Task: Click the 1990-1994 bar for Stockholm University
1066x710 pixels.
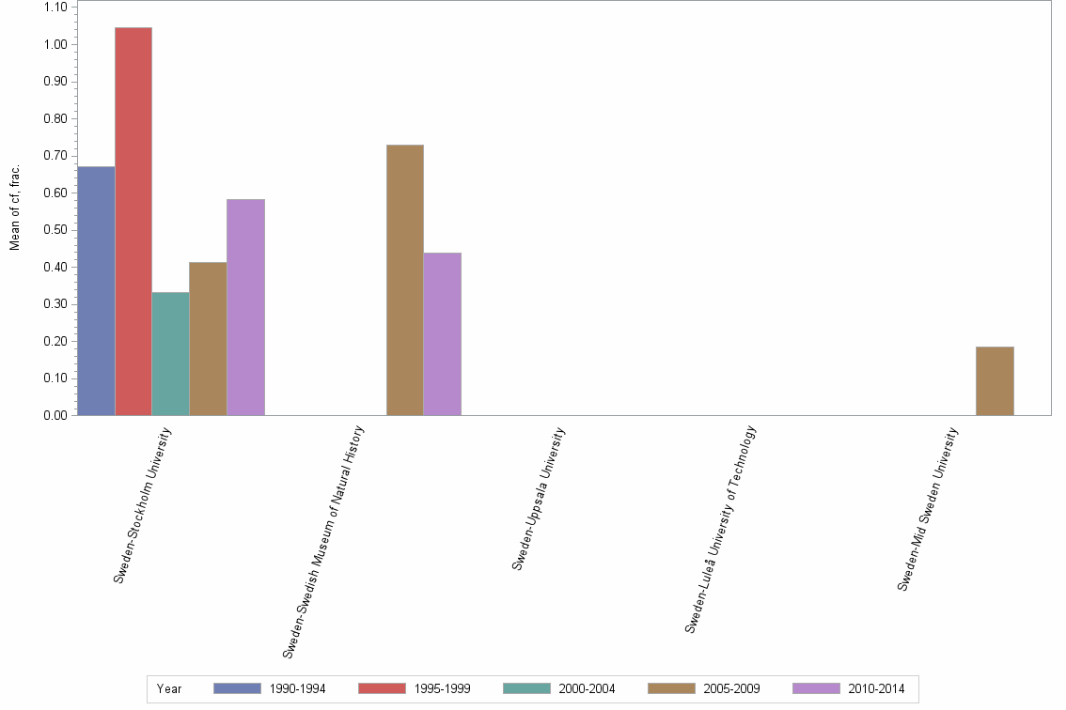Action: coord(96,291)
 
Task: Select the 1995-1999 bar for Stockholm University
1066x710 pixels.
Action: coord(133,222)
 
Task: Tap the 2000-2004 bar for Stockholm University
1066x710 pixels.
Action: coord(170,354)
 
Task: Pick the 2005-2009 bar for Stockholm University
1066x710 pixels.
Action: coord(208,339)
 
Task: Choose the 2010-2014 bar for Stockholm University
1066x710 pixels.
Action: coord(245,307)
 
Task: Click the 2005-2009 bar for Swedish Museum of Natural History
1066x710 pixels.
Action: coord(404,280)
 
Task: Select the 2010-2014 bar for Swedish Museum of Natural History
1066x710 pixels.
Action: coord(442,333)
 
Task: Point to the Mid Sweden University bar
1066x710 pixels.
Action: coord(995,380)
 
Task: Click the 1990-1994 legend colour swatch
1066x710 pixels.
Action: coord(237,688)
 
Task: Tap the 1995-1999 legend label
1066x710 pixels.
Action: coord(442,689)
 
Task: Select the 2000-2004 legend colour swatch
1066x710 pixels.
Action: coord(526,688)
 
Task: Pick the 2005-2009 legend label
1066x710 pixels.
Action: coord(731,689)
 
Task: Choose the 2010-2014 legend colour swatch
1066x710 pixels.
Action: coord(816,688)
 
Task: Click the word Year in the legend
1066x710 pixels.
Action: coord(169,689)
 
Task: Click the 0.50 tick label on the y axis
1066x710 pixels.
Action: coord(55,230)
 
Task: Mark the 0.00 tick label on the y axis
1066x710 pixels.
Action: coord(55,415)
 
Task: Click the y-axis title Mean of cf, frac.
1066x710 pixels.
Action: coord(15,208)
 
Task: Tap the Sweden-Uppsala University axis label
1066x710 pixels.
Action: coord(539,499)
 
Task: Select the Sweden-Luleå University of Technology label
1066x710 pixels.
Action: coord(720,529)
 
